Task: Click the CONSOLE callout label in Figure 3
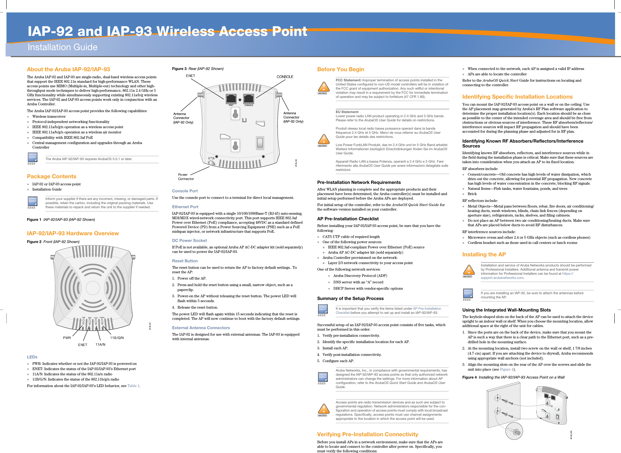click(285, 77)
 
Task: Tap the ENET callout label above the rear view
click(191, 76)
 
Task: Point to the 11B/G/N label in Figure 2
click(117, 338)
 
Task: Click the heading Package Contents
click(51, 176)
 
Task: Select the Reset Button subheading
click(185, 261)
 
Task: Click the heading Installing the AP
click(484, 255)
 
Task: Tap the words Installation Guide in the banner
click(62, 47)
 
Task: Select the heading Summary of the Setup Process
click(350, 298)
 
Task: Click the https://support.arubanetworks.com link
click(502, 278)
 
